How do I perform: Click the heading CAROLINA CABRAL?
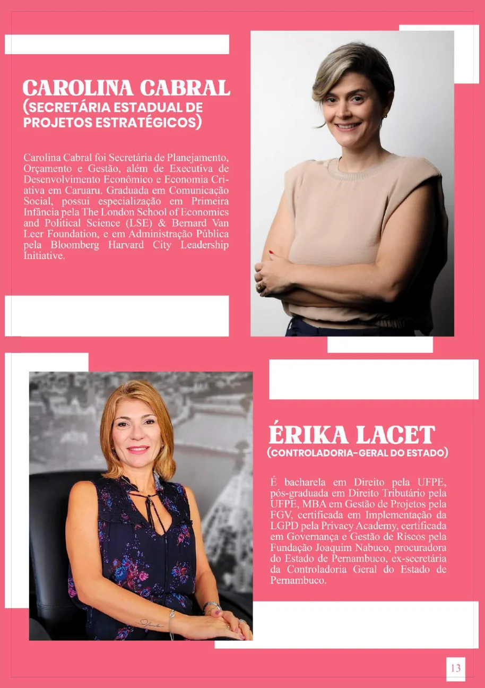(126, 88)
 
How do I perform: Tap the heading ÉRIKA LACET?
(352, 435)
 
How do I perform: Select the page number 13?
(455, 668)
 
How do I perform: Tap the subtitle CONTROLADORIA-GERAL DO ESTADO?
(358, 453)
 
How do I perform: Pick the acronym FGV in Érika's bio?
(280, 514)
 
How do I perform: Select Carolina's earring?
(385, 115)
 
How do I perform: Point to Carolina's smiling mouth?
(349, 126)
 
